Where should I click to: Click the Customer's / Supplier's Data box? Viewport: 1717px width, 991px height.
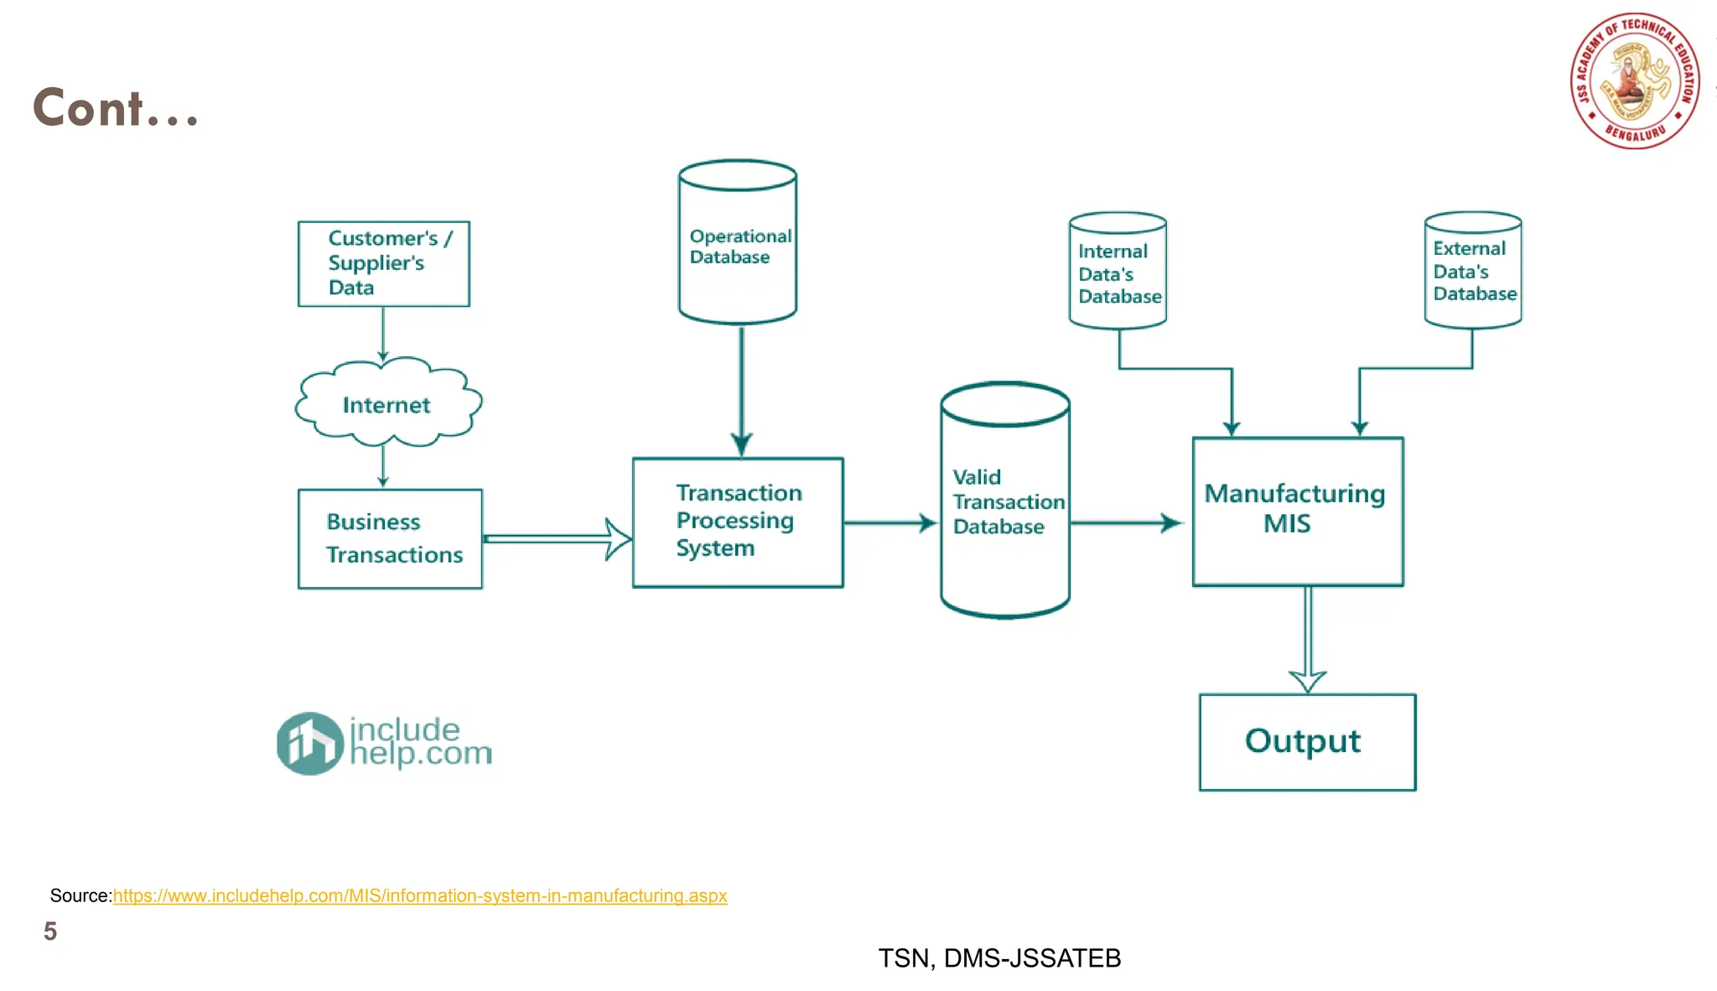[383, 263]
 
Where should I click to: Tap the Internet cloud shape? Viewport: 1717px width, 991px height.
[387, 404]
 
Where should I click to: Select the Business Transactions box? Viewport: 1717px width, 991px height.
[390, 538]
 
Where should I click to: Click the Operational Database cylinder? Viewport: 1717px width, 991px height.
[737, 244]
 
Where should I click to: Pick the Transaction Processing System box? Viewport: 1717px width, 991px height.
[737, 521]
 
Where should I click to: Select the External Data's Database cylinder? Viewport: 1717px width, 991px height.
[1472, 270]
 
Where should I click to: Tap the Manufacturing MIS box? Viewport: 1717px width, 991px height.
[1297, 510]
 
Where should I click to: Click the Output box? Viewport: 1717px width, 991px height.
[1306, 742]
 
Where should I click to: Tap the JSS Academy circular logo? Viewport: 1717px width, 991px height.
[1634, 81]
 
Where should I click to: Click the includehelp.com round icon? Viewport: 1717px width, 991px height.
[309, 743]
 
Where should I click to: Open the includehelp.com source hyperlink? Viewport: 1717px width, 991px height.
[419, 895]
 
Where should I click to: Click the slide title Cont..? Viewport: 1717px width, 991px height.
[116, 108]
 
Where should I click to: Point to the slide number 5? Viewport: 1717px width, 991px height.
[50, 931]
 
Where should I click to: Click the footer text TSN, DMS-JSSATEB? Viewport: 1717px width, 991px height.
[999, 957]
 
